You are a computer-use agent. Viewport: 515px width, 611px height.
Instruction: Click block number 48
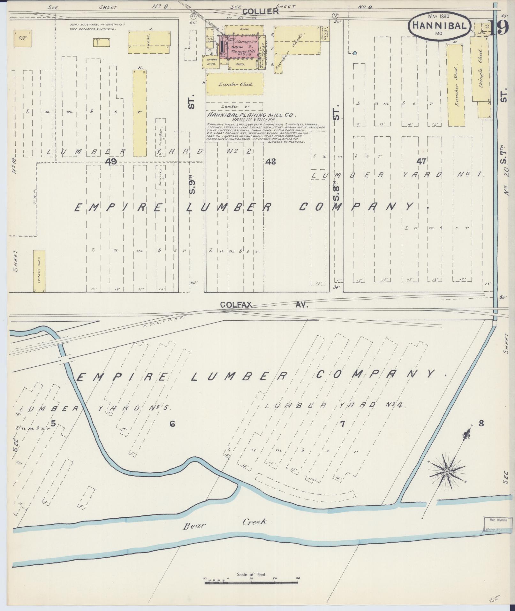coord(270,162)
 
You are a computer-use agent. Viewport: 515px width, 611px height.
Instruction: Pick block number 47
coord(421,162)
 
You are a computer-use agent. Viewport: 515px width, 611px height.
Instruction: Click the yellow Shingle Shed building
coord(480,70)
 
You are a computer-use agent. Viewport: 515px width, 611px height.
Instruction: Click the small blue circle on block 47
coord(354,53)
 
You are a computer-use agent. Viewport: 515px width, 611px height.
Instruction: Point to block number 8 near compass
coord(481,424)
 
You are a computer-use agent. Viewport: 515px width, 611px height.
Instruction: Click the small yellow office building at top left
coord(22,38)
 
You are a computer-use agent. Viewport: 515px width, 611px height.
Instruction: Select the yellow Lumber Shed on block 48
coord(235,84)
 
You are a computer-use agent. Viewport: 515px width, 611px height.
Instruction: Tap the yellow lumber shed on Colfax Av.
coord(39,271)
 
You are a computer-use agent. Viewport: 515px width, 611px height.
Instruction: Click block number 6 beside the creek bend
coord(172,424)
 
